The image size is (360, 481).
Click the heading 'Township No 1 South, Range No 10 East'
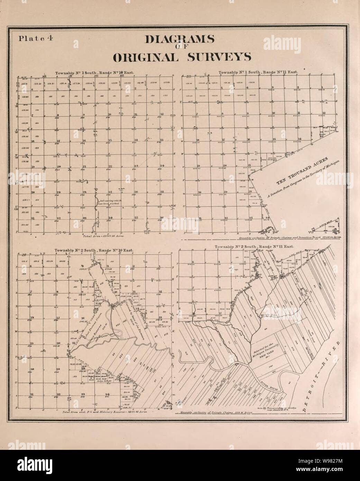pos(95,73)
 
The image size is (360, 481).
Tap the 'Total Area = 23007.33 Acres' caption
pos(104,235)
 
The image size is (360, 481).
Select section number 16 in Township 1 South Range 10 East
pos(84,140)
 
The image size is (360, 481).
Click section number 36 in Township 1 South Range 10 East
pos(161,217)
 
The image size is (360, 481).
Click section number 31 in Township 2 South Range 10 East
pos(32,394)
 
